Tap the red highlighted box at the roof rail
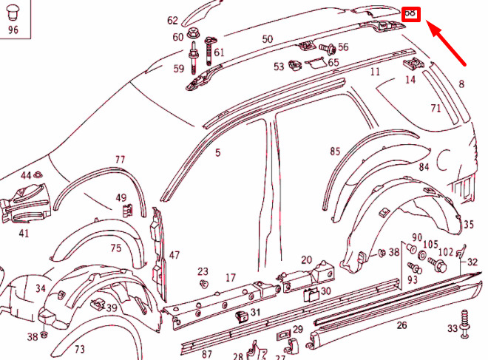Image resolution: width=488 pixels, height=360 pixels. click(411, 14)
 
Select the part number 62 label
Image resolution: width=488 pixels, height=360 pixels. click(172, 21)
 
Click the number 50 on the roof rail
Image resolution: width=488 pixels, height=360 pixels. click(267, 39)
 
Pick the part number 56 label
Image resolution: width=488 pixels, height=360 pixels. click(343, 47)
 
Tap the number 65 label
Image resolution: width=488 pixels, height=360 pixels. click(333, 63)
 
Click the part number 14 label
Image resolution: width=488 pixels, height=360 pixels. click(410, 79)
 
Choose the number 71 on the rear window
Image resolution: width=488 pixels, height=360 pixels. click(436, 109)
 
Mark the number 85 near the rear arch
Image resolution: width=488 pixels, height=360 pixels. click(335, 152)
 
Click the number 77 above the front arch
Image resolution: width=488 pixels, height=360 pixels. click(120, 160)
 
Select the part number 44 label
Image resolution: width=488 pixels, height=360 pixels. click(26, 175)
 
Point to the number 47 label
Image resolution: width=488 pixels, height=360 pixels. click(174, 255)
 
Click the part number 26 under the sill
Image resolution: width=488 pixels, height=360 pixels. click(401, 325)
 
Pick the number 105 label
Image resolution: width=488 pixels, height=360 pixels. click(430, 245)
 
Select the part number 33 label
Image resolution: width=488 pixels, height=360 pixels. click(452, 328)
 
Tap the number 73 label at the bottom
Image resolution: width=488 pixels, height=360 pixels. click(79, 349)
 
